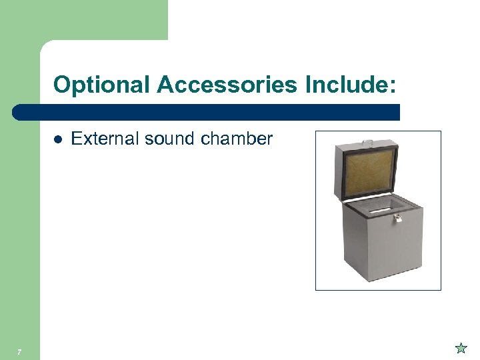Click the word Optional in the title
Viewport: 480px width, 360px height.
click(x=102, y=85)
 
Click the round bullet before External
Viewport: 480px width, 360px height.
click(x=58, y=139)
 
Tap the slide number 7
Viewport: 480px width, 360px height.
click(x=20, y=351)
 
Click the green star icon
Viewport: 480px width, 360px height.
click(x=461, y=347)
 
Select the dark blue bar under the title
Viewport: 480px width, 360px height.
click(x=207, y=112)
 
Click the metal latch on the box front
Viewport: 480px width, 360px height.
click(x=399, y=218)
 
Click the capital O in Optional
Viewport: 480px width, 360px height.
click(x=61, y=85)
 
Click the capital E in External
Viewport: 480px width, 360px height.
click(x=75, y=139)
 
